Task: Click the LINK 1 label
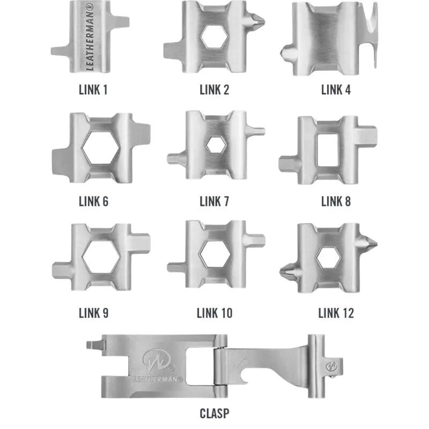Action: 93,90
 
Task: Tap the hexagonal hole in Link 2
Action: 214,36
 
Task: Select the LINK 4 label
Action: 336,90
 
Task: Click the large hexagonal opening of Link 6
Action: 101,148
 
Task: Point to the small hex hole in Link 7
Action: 216,145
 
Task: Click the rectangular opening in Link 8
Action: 328,150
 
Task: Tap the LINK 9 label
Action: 93,313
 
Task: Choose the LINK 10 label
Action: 214,313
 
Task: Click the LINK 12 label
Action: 336,313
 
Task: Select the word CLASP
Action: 214,413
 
